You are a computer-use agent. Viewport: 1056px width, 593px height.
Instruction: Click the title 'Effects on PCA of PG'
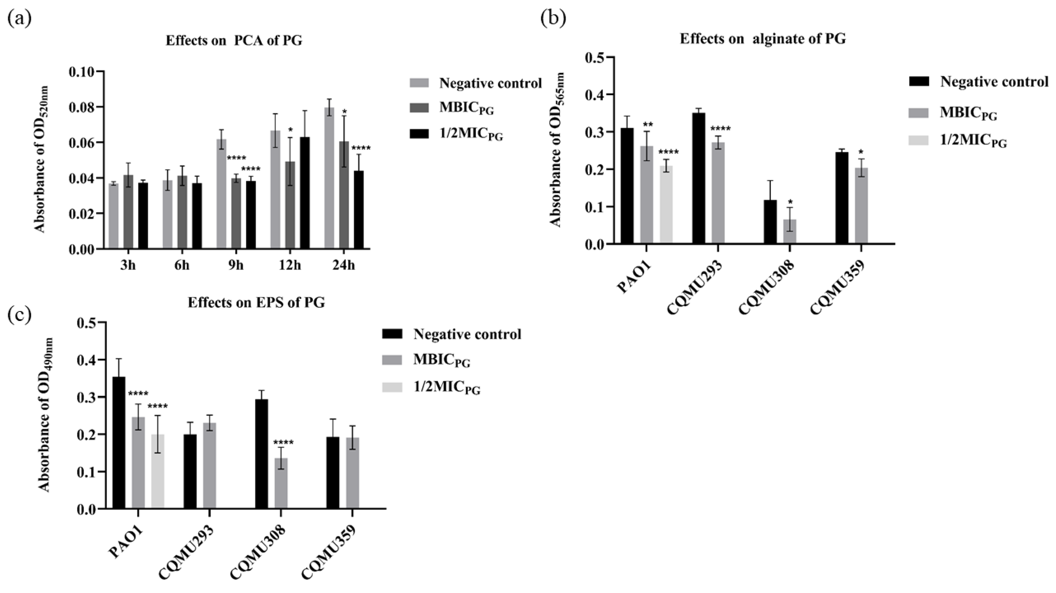[234, 41]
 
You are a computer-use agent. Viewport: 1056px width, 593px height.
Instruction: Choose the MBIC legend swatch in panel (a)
[419, 108]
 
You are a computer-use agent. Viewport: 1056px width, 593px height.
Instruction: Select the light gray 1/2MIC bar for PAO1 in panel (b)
[666, 205]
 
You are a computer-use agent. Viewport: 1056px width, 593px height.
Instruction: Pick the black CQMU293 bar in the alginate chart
[699, 178]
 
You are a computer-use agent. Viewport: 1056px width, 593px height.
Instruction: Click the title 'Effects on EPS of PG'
[256, 303]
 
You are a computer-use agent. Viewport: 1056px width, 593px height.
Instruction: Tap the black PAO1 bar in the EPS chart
[119, 443]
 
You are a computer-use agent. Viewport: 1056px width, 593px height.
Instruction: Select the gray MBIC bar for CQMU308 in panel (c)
[281, 484]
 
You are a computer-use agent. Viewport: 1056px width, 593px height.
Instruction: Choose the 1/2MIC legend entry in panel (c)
[447, 388]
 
